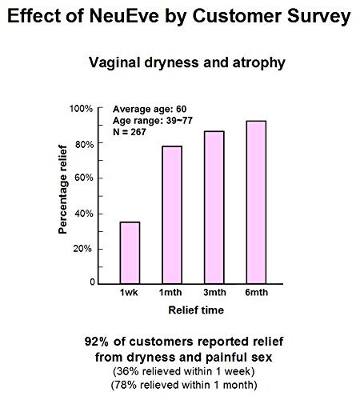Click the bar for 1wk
click(x=130, y=252)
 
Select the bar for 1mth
click(x=171, y=214)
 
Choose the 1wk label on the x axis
click(x=130, y=294)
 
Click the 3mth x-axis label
click(x=214, y=294)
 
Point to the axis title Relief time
click(x=190, y=308)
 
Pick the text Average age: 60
click(x=147, y=108)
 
